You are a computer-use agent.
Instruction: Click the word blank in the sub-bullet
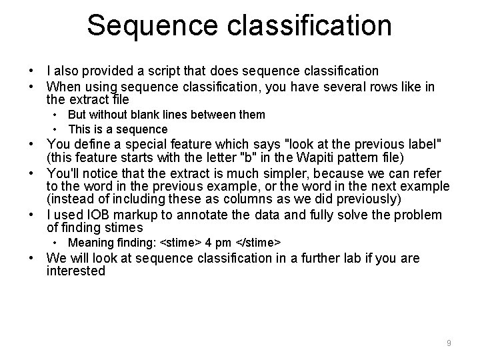154,115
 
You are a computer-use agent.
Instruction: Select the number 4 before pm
208,242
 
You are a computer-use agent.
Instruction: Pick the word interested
76,272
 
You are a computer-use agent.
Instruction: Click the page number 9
449,343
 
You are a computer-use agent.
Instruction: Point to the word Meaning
89,242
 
